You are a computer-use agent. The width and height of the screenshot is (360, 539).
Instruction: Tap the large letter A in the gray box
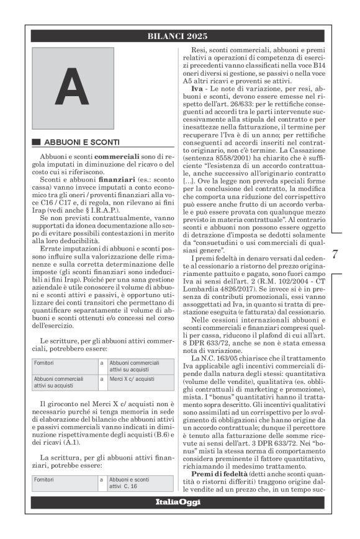click(72, 87)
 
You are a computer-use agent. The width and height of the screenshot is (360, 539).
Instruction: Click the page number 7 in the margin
click(335, 254)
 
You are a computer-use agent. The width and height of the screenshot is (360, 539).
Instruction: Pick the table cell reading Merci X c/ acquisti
click(133, 378)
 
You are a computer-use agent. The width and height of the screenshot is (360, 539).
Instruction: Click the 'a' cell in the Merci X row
click(101, 378)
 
